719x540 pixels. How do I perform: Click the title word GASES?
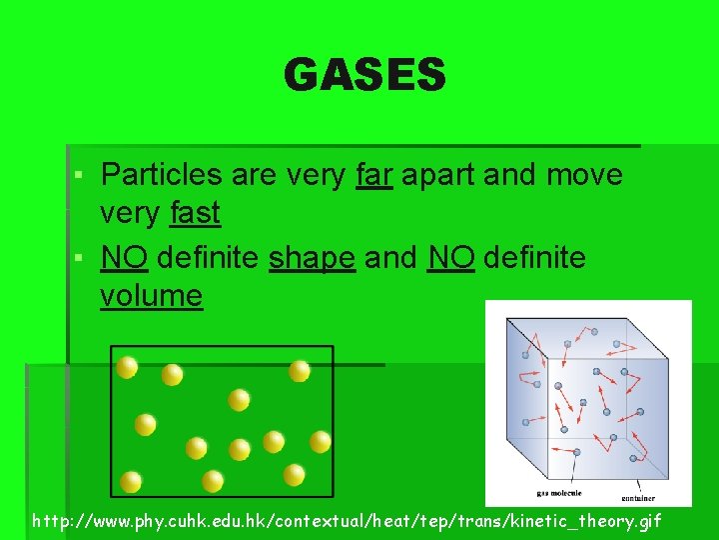click(364, 75)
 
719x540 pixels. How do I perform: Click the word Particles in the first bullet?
click(162, 176)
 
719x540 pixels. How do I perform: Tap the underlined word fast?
click(195, 214)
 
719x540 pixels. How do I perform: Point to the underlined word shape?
click(312, 258)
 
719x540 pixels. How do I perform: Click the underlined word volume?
click(151, 296)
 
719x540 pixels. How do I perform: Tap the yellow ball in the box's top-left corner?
click(127, 367)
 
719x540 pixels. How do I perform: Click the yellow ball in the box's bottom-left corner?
click(130, 481)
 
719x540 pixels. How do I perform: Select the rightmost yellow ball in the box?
click(320, 441)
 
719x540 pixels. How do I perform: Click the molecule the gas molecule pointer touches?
click(576, 452)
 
